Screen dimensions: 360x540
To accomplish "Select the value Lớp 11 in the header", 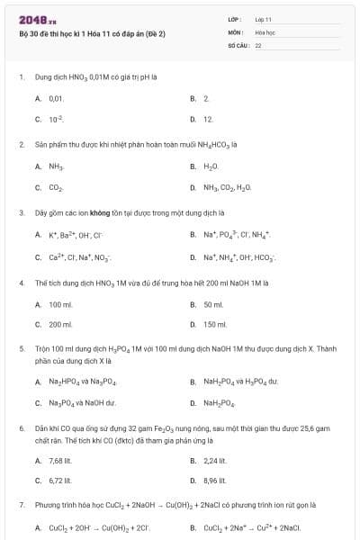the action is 264,19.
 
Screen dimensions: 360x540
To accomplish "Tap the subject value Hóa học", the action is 265,31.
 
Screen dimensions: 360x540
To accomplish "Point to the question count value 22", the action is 258,44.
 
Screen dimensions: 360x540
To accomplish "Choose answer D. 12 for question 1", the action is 206,119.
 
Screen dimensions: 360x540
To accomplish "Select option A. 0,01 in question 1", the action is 55,97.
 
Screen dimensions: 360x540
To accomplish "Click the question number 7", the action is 22,505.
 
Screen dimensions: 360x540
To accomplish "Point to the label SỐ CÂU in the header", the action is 238,44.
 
